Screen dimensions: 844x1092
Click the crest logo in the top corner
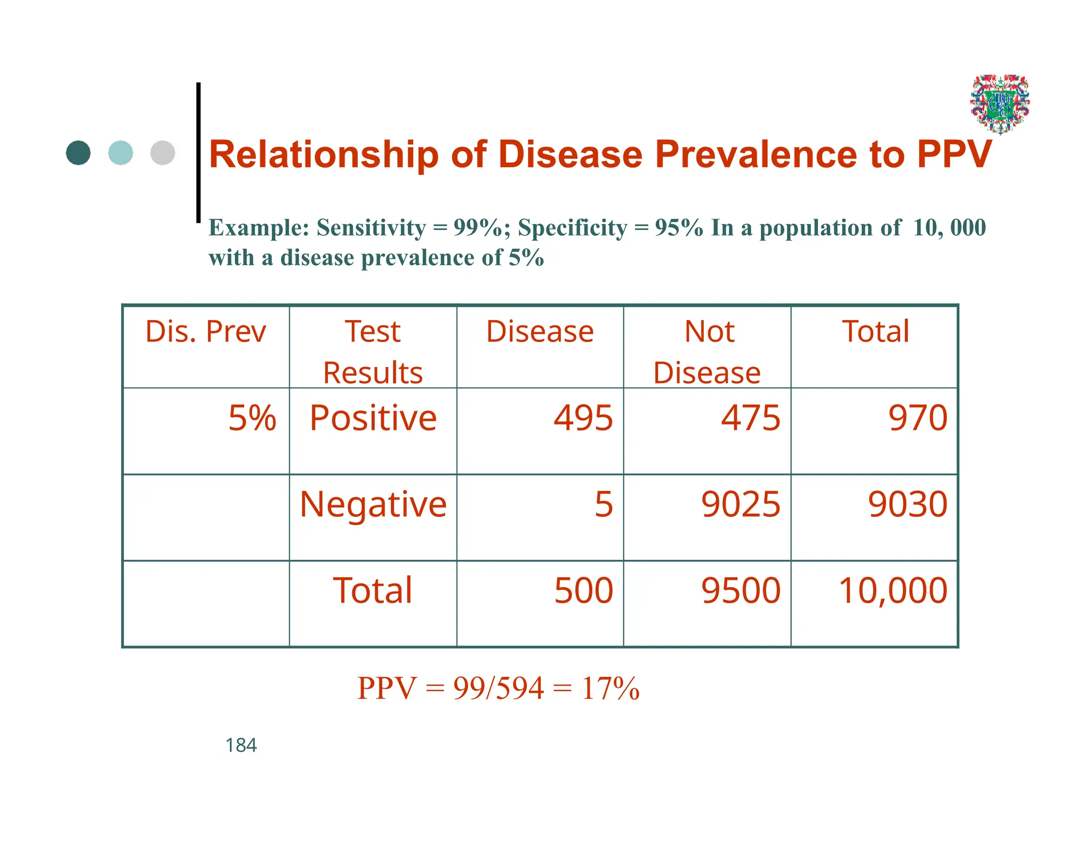(x=1000, y=104)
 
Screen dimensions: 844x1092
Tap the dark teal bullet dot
(x=78, y=153)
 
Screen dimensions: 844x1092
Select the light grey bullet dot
(x=163, y=153)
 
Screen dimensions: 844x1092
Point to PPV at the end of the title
(x=954, y=155)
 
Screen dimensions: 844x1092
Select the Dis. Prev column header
(x=205, y=332)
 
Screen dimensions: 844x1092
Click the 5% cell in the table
(x=252, y=418)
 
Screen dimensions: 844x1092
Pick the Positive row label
(x=373, y=418)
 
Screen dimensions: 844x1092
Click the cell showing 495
(x=583, y=418)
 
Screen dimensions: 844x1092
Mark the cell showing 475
(x=750, y=418)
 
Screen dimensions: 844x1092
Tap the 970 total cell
(x=918, y=418)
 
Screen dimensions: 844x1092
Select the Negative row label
(x=373, y=505)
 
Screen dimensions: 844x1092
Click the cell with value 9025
(x=741, y=505)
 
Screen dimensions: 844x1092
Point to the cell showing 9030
(x=908, y=505)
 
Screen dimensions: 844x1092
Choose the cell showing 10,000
(x=893, y=591)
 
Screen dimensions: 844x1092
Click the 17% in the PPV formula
(x=611, y=688)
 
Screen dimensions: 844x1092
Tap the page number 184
(x=241, y=745)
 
